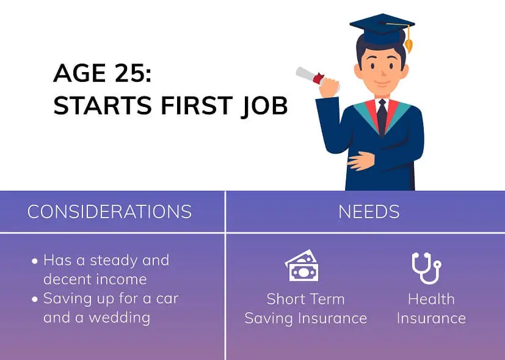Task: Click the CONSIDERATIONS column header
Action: pyautogui.click(x=110, y=211)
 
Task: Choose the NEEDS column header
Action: pyautogui.click(x=369, y=211)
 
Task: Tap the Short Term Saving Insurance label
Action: pyautogui.click(x=305, y=309)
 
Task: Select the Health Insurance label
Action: pyautogui.click(x=431, y=309)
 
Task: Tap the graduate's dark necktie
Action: pyautogui.click(x=382, y=116)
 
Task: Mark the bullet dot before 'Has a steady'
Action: pyautogui.click(x=35, y=261)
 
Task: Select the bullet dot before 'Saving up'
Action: pyautogui.click(x=35, y=299)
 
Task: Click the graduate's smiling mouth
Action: pyautogui.click(x=382, y=83)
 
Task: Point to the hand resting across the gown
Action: pyautogui.click(x=361, y=161)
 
